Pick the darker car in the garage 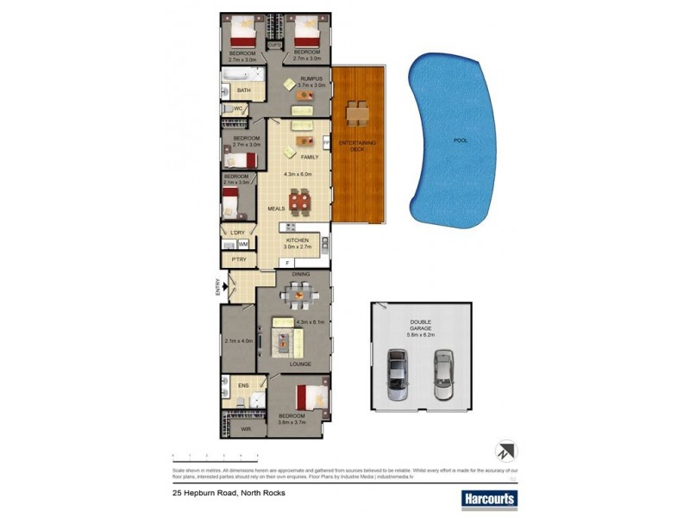click(398, 375)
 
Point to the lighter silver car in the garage click(442, 375)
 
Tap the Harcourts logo click(488, 498)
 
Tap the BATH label click(244, 90)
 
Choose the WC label click(238, 109)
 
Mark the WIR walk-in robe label click(246, 428)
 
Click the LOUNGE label click(288, 364)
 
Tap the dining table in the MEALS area click(299, 202)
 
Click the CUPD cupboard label click(275, 44)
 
